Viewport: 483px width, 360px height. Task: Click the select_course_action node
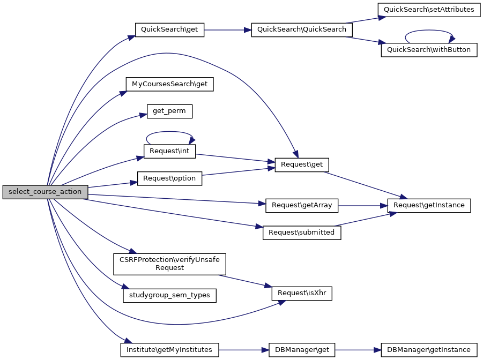[x=45, y=192]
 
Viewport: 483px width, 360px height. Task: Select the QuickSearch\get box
[x=169, y=29]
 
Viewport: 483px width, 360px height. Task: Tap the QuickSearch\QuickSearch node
[x=302, y=29]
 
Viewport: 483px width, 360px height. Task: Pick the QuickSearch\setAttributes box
[x=428, y=10]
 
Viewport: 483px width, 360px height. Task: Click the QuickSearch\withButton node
[x=428, y=50]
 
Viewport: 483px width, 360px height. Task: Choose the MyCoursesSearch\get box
[x=169, y=84]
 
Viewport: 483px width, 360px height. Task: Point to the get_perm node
[x=169, y=111]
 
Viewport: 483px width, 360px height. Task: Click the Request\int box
[x=169, y=151]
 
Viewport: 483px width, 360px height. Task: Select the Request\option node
[x=169, y=178]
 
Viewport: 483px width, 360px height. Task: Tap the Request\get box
[x=302, y=164]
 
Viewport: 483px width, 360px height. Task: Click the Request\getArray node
[x=302, y=205]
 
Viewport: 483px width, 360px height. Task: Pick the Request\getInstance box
[x=428, y=205]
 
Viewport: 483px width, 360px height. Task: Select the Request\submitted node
[x=302, y=232]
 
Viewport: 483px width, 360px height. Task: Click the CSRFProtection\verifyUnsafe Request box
[x=169, y=264]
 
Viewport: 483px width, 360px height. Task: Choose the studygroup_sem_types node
[x=169, y=295]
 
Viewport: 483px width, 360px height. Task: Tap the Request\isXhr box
[x=302, y=293]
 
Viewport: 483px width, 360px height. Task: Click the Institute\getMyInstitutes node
[x=169, y=350]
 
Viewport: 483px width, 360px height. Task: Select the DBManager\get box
[x=302, y=350]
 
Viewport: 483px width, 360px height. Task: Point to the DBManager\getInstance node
[x=428, y=350]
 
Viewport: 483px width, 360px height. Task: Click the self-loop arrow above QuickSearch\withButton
[x=429, y=31]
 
